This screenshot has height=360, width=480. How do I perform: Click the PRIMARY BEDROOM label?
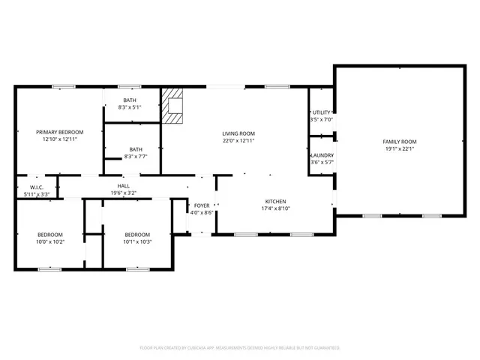(60, 132)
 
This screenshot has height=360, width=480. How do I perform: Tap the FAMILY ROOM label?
(400, 142)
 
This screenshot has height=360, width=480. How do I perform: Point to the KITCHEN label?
(275, 202)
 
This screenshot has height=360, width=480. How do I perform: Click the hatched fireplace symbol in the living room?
(174, 106)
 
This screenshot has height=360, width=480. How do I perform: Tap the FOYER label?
(202, 205)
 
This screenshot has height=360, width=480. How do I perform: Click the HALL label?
(124, 185)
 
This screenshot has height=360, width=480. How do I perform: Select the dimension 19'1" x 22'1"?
(400, 148)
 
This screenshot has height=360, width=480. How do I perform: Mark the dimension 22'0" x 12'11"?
(238, 140)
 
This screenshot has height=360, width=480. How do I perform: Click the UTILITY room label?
(322, 112)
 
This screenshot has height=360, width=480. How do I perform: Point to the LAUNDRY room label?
(322, 155)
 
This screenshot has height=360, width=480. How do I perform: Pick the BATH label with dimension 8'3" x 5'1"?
(130, 100)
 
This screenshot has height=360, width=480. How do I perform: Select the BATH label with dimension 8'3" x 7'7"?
(135, 149)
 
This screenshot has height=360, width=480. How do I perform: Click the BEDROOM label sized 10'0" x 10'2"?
(50, 234)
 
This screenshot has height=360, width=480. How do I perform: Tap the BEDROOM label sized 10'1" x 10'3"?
(137, 234)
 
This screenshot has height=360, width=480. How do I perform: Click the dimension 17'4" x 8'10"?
(275, 208)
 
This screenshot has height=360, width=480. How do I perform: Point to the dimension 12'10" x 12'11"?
(60, 139)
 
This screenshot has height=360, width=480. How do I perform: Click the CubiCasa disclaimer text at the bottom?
(239, 348)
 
